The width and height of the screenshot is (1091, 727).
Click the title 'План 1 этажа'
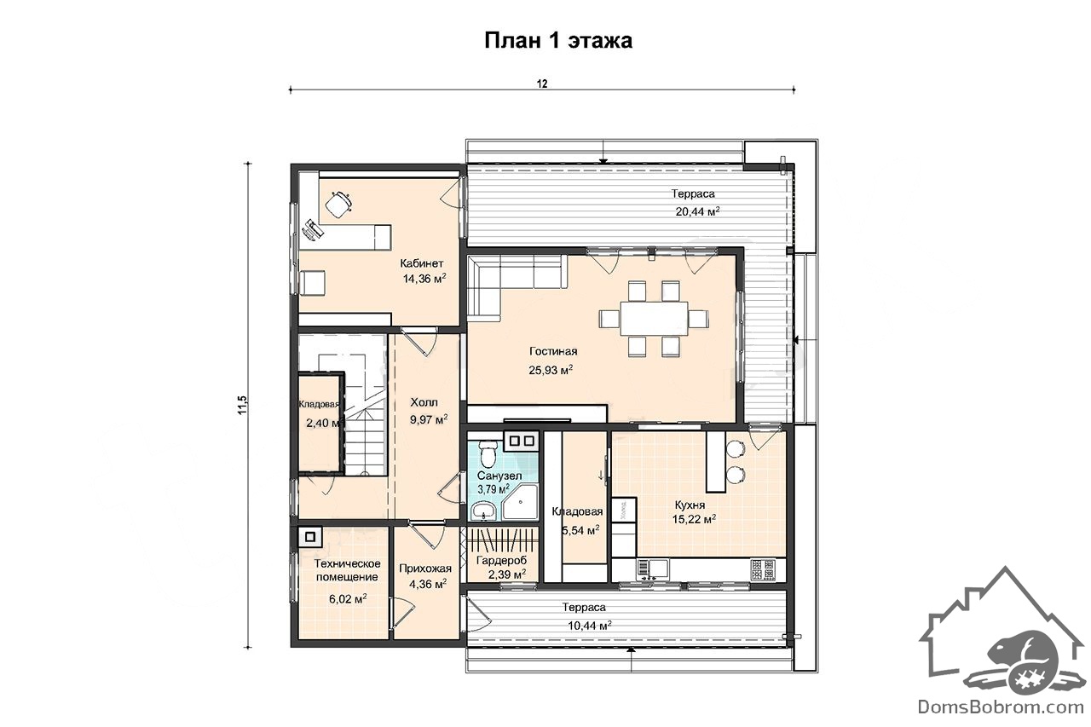[558, 40]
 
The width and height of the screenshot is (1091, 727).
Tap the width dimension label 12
[542, 84]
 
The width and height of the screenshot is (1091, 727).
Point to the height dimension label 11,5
[243, 405]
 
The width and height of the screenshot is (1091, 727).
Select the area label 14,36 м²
[424, 279]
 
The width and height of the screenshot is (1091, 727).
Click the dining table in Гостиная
[654, 319]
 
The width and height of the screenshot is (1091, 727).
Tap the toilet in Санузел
[488, 453]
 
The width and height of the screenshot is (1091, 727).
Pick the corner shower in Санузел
[520, 502]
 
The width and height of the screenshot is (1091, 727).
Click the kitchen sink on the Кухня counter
[653, 568]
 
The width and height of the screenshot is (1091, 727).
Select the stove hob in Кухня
[763, 569]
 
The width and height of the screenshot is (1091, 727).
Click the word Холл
[424, 402]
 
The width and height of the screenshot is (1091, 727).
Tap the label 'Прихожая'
[425, 568]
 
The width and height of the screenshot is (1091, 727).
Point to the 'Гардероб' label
[502, 560]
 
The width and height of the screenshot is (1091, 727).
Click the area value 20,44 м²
[697, 211]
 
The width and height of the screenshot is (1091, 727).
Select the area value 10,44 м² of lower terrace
[589, 626]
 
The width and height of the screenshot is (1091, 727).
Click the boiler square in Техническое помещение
[309, 537]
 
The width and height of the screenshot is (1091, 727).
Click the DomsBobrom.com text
[1001, 706]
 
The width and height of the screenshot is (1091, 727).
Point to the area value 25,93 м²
[551, 371]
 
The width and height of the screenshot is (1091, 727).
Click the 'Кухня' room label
[690, 505]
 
